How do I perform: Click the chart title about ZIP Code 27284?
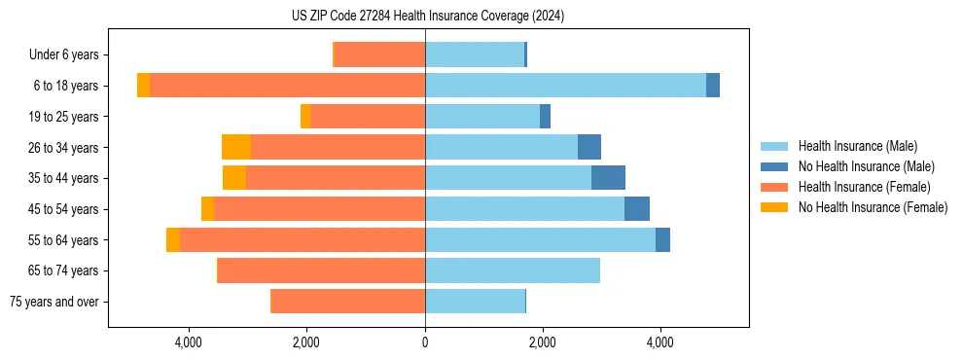pyautogui.click(x=427, y=16)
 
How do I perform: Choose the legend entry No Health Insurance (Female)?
pyautogui.click(x=873, y=207)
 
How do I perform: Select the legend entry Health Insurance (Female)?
pyautogui.click(x=865, y=187)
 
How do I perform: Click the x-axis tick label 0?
pyautogui.click(x=425, y=342)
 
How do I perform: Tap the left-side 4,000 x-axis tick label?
pyautogui.click(x=188, y=342)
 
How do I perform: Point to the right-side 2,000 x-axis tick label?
pyautogui.click(x=543, y=342)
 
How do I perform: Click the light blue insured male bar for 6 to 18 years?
pyautogui.click(x=565, y=86)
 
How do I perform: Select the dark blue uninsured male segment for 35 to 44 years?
pyautogui.click(x=608, y=178)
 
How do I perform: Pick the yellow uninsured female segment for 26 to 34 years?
pyautogui.click(x=236, y=147)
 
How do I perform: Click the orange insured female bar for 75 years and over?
pyautogui.click(x=347, y=302)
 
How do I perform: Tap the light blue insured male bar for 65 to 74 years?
pyautogui.click(x=513, y=270)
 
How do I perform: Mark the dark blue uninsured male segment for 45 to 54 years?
pyautogui.click(x=637, y=209)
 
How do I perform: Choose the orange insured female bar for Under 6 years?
pyautogui.click(x=379, y=54)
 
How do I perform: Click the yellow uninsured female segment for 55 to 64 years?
pyautogui.click(x=173, y=239)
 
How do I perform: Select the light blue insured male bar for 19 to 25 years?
pyautogui.click(x=482, y=117)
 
